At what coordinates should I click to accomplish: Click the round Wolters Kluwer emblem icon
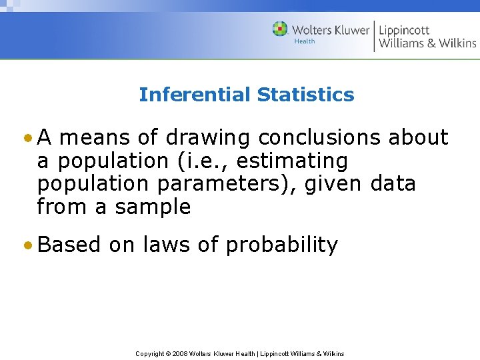(280, 29)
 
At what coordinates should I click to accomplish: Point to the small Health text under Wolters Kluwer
(305, 41)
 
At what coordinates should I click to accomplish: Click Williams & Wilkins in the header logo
(427, 44)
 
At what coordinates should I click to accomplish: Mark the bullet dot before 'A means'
(27, 138)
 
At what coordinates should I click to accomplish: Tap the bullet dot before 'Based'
(27, 245)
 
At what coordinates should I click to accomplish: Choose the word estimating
(292, 161)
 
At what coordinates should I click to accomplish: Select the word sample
(153, 207)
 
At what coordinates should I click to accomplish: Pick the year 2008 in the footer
(180, 353)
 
